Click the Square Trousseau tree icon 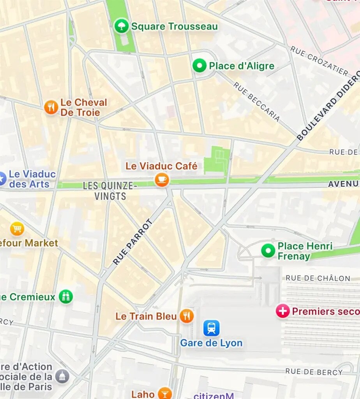pyautogui.click(x=122, y=26)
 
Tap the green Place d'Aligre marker pyautogui.click(x=199, y=65)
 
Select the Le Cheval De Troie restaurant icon pyautogui.click(x=51, y=107)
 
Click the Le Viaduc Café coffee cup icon pyautogui.click(x=162, y=180)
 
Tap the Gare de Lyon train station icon pyautogui.click(x=211, y=328)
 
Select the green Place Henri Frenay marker pyautogui.click(x=268, y=251)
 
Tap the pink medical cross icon pyautogui.click(x=282, y=311)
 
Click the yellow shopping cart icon pyautogui.click(x=17, y=229)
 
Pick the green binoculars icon pyautogui.click(x=66, y=297)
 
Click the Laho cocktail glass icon pyautogui.click(x=165, y=394)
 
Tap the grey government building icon pyautogui.click(x=62, y=376)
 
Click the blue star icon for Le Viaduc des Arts pyautogui.click(x=2, y=179)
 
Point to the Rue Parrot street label pyautogui.click(x=133, y=242)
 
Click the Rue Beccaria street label pyautogui.click(x=257, y=101)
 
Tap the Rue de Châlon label pyautogui.click(x=318, y=278)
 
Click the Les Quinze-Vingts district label pyautogui.click(x=110, y=191)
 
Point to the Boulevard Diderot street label pyautogui.click(x=328, y=106)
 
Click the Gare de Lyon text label pyautogui.click(x=211, y=343)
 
